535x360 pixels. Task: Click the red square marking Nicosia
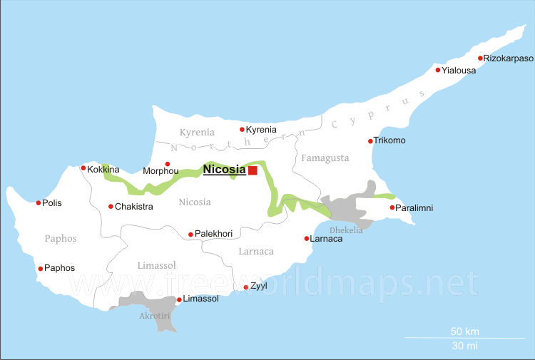(253, 170)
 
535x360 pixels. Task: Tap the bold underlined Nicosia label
(224, 170)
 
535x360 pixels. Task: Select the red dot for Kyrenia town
(242, 129)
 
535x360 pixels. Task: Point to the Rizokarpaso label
(508, 58)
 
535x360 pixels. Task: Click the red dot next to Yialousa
(438, 70)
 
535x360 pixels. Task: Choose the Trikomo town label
(390, 140)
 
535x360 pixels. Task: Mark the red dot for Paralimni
(392, 207)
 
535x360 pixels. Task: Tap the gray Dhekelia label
(346, 230)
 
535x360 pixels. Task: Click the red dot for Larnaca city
(307, 238)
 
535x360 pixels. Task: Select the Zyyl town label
(258, 286)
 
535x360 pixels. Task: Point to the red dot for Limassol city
(178, 299)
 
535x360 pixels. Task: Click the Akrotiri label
(156, 315)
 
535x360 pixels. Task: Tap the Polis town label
(52, 203)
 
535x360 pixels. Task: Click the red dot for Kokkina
(83, 168)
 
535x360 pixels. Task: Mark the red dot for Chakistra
(111, 207)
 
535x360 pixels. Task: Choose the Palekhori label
(215, 234)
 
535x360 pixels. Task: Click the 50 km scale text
(464, 331)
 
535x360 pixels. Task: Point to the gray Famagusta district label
(325, 158)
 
